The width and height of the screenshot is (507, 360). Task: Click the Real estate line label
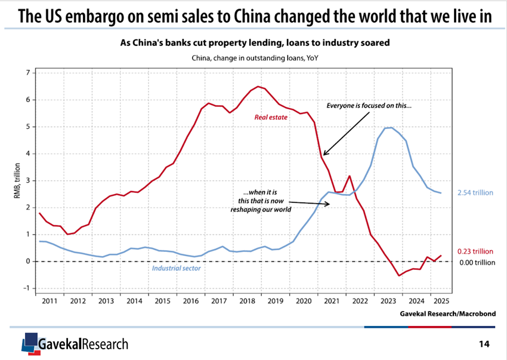[x=271, y=117]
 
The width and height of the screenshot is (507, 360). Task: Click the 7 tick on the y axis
[x=27, y=73]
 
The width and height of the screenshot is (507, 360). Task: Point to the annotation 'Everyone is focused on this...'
[x=369, y=106]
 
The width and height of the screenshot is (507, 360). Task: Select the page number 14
[x=485, y=344]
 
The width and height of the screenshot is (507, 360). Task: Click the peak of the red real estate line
[x=258, y=87]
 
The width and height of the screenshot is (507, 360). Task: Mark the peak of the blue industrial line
[x=389, y=127]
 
